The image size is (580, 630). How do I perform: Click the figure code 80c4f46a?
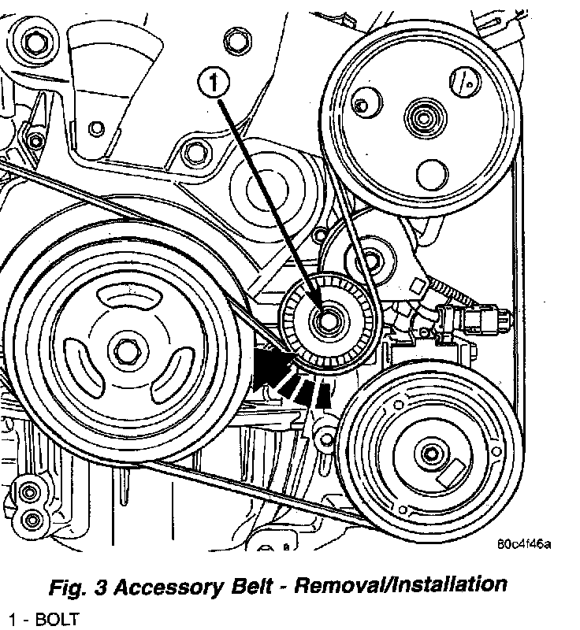(524, 543)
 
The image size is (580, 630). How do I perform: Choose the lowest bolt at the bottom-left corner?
(32, 519)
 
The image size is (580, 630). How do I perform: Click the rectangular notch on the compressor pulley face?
(456, 473)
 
